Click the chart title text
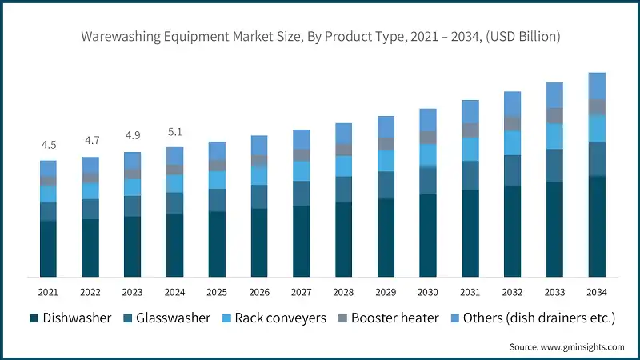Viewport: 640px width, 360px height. [x=320, y=36]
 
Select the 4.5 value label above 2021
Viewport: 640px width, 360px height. [x=49, y=145]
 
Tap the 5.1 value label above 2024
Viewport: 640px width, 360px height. [x=174, y=132]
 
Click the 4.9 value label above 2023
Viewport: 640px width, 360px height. [x=133, y=135]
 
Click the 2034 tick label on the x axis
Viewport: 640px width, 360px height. [x=596, y=292]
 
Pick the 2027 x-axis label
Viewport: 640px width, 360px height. [x=301, y=292]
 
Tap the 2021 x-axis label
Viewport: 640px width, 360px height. [x=49, y=292]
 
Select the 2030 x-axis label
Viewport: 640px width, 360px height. [x=427, y=292]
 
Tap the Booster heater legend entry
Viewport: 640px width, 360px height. [x=387, y=318]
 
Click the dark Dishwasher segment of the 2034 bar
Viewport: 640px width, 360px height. [x=596, y=227]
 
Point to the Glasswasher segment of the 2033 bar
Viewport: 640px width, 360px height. [x=554, y=165]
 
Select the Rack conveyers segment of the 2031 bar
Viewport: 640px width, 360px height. [x=470, y=149]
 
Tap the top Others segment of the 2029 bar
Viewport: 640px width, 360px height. [x=386, y=126]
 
